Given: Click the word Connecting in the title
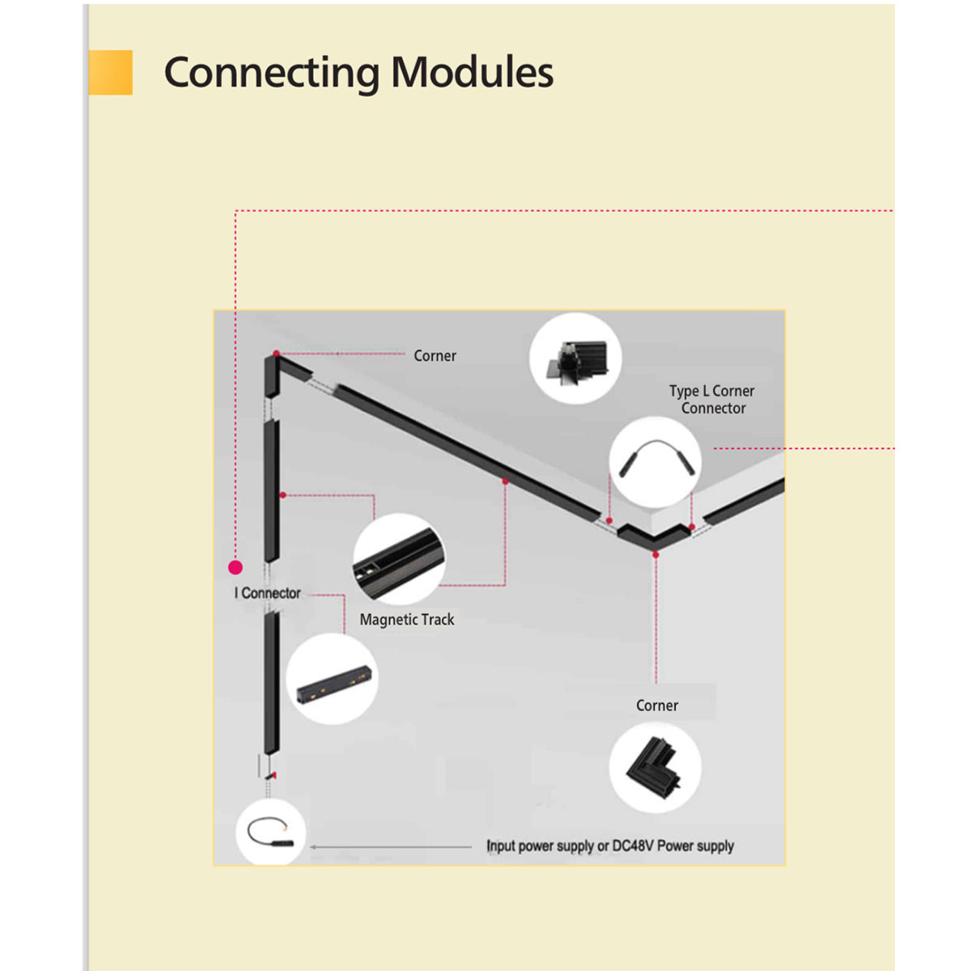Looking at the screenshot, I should [271, 73].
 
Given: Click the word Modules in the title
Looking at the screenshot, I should [473, 73].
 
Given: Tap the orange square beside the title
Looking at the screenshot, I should [111, 73].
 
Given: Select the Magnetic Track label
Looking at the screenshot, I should [407, 620].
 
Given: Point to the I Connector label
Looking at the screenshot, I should [268, 593].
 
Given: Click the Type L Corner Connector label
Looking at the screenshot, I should [712, 400].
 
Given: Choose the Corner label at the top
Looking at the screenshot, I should [435, 356].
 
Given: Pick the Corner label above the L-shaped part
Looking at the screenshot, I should [657, 706].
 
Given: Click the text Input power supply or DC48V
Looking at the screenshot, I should [610, 846].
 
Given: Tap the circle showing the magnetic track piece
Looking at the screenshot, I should [398, 559].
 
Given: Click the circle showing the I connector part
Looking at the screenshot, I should [333, 679].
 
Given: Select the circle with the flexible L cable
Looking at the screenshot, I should [655, 462].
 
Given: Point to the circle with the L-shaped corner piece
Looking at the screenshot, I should [655, 767].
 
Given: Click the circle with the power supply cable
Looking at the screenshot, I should [271, 832].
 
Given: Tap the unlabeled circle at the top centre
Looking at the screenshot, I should [575, 358].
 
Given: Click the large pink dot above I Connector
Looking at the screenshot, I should [235, 567].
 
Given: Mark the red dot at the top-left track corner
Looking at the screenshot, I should [277, 354].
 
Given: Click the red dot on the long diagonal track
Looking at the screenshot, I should [506, 481].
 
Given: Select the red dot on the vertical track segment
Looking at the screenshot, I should [282, 494].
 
